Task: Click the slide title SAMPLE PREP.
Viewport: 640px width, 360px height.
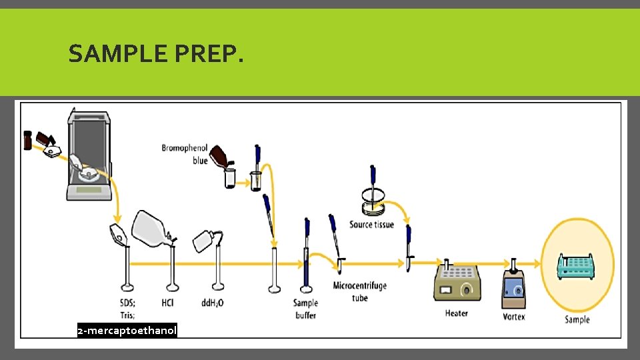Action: coord(156,53)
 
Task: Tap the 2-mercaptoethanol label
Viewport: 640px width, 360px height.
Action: coord(127,331)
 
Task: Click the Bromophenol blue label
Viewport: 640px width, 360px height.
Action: coord(185,154)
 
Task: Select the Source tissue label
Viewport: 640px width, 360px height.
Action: coord(371,225)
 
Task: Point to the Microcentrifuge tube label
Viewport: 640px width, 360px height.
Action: coord(360,292)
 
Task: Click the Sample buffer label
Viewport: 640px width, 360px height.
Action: coord(305,309)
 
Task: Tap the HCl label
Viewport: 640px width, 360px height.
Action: coord(168,303)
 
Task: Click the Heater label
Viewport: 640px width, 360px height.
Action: coord(456,313)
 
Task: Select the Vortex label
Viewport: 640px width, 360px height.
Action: coord(514,316)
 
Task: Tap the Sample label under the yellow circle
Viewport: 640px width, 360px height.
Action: coord(577,319)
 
